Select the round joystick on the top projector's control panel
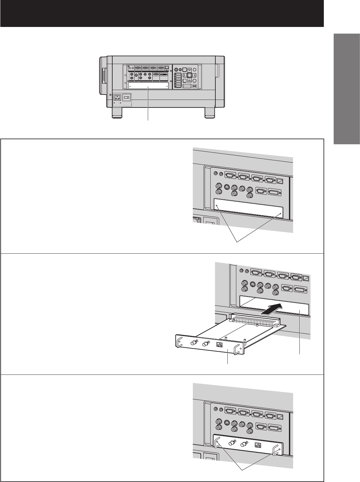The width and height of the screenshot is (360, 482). click(x=190, y=75)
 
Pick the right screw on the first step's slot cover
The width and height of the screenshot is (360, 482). click(x=280, y=214)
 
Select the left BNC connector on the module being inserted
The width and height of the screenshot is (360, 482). click(x=193, y=343)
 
